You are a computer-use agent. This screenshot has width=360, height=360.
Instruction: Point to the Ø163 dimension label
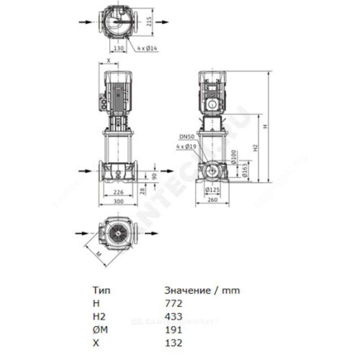244,172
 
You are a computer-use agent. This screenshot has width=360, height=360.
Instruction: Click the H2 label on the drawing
255,148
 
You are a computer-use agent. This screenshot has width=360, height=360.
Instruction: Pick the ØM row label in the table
99,330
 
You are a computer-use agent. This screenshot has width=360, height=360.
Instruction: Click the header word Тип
101,291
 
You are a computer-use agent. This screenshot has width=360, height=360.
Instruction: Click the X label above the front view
108,61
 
